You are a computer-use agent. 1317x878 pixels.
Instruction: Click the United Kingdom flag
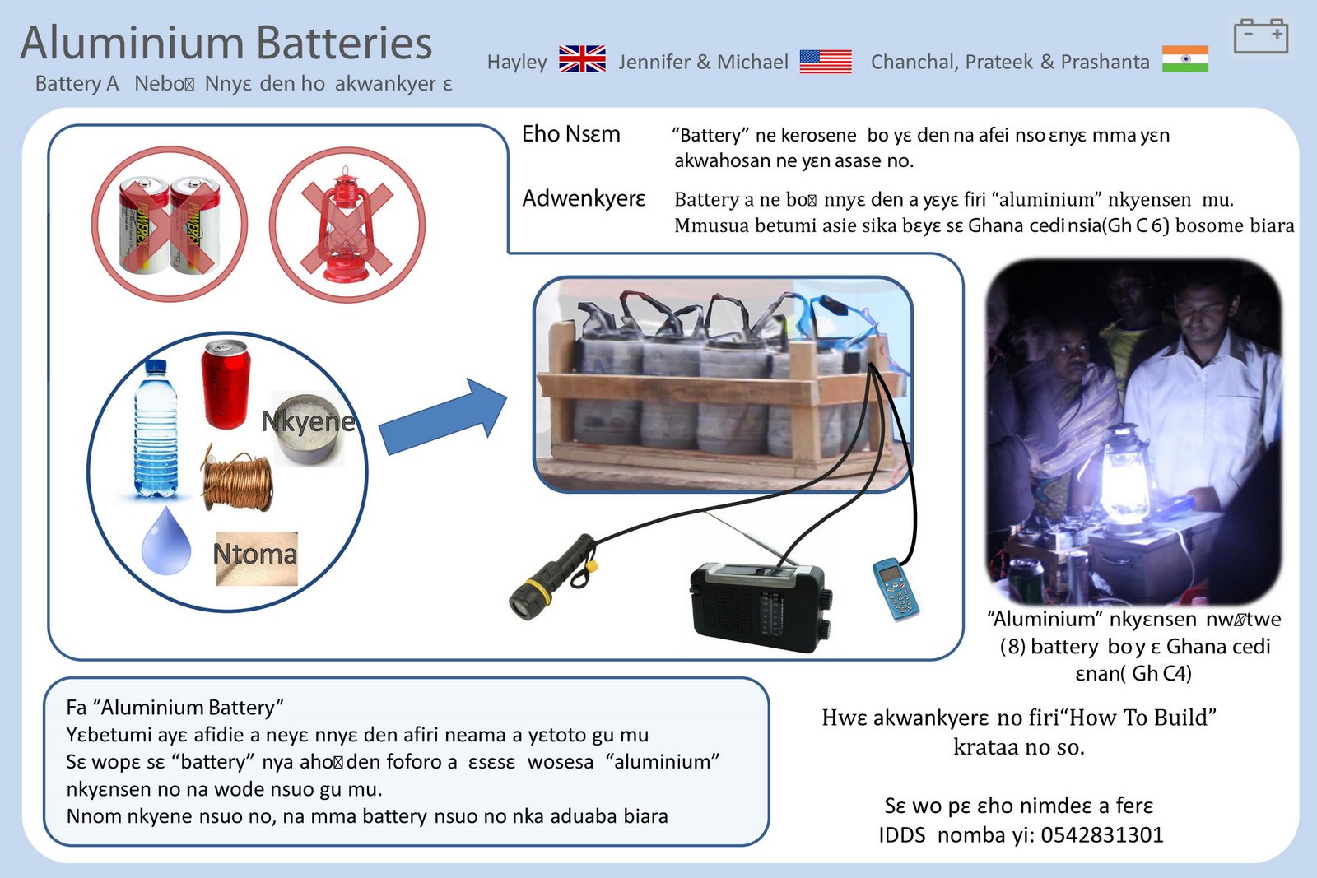tap(582, 59)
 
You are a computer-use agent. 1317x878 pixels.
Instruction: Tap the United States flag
tap(825, 61)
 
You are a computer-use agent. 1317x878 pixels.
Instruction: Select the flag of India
tap(1184, 59)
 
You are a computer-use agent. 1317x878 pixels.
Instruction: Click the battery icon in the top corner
tap(1260, 37)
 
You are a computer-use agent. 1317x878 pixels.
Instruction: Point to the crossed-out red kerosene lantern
tap(347, 224)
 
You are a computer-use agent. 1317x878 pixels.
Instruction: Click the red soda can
tap(225, 384)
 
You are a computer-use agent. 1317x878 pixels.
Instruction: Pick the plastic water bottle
tap(156, 429)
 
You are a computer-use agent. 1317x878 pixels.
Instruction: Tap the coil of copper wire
tap(238, 481)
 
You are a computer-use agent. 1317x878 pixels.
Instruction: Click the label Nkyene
tap(308, 421)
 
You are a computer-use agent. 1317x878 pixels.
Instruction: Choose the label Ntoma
tap(255, 555)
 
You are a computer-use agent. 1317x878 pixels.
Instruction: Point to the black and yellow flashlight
tap(551, 576)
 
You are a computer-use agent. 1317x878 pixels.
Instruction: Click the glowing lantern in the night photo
tap(1127, 478)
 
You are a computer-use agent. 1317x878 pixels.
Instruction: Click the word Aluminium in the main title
tap(132, 43)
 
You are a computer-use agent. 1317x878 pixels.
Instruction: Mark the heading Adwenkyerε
tap(584, 198)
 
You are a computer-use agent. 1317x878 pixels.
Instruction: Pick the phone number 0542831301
tap(1102, 834)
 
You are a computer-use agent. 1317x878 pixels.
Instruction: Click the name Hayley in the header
tap(517, 62)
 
